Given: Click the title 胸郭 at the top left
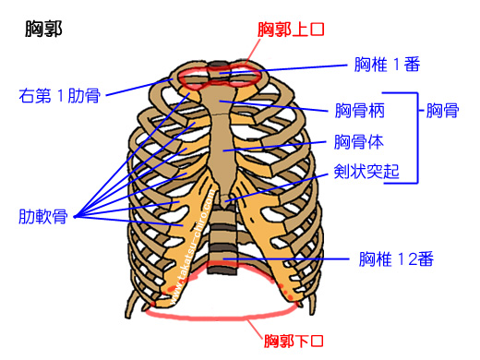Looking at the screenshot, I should pyautogui.click(x=44, y=29).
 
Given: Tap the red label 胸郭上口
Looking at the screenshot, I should pyautogui.click(x=293, y=30).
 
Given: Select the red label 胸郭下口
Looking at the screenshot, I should pyautogui.click(x=293, y=342).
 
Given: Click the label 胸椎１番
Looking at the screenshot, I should pyautogui.click(x=388, y=65).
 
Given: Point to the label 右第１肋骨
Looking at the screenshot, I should pyautogui.click(x=60, y=94).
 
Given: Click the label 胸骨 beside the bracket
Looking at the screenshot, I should pyautogui.click(x=443, y=112).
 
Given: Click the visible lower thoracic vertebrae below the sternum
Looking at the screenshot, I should pyautogui.click(x=222, y=242).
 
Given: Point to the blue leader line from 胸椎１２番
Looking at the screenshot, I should pyautogui.click(x=295, y=259).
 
